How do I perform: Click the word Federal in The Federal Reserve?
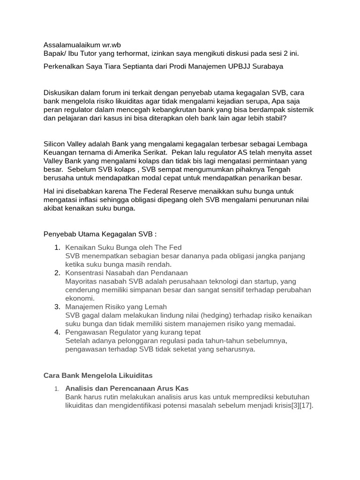pos(171,191)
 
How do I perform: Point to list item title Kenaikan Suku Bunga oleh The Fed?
pos(123,247)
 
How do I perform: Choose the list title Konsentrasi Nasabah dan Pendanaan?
pos(127,273)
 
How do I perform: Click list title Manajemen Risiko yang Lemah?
pos(116,307)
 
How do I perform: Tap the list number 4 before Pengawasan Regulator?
pos(57,332)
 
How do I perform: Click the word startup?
pos(262,281)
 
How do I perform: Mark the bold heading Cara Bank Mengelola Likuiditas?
pos(98,375)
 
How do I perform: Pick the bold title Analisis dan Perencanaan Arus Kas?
pos(127,388)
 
